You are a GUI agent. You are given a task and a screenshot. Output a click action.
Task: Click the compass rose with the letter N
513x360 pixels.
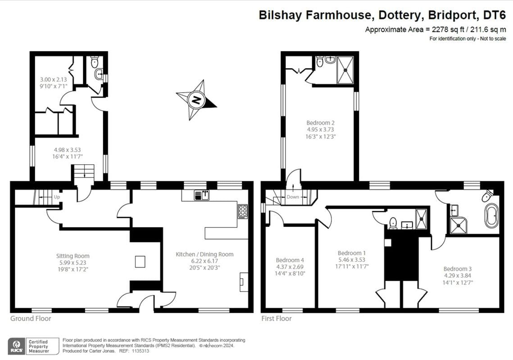click(196, 99)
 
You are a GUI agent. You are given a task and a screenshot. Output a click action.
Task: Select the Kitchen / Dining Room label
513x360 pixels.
click(204, 254)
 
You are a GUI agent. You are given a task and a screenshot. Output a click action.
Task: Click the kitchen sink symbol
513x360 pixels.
click(202, 195)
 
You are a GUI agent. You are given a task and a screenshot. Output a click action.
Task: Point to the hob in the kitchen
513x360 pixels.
click(242, 211)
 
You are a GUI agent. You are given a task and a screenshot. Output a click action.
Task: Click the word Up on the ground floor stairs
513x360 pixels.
click(56, 197)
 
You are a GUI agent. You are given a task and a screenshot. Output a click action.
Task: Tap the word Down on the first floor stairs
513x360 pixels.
click(293, 197)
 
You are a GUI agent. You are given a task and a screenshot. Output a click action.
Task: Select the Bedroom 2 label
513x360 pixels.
click(320, 122)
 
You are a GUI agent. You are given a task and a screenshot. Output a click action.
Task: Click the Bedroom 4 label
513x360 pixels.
click(290, 260)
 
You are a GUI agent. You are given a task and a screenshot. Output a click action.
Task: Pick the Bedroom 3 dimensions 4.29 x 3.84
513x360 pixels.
click(458, 275)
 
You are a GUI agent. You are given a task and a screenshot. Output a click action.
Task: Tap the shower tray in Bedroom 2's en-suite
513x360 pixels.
click(345, 70)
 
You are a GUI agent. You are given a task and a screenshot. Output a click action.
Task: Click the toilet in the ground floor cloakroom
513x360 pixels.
click(95, 62)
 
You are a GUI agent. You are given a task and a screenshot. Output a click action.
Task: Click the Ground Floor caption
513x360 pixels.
click(31, 319)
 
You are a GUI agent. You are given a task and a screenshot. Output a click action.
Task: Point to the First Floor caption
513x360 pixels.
click(277, 319)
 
